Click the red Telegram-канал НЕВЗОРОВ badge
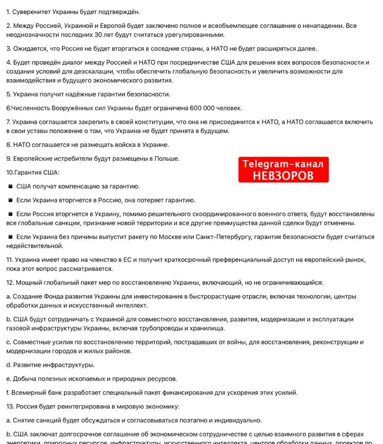pyautogui.click(x=283, y=170)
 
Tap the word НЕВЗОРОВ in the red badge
pyautogui.click(x=283, y=176)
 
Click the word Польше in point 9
pyautogui.click(x=165, y=159)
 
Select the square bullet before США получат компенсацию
pyautogui.click(x=10, y=186)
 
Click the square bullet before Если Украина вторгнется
pyautogui.click(x=10, y=200)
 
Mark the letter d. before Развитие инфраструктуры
pyautogui.click(x=9, y=365)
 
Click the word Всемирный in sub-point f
pyautogui.click(x=28, y=393)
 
